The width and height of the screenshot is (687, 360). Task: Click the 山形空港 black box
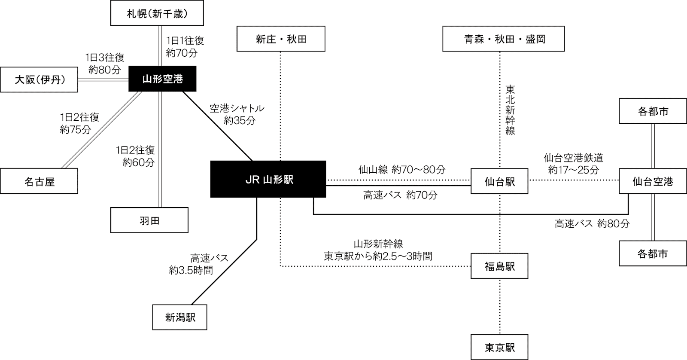162,79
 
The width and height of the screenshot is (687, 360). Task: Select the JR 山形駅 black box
268,179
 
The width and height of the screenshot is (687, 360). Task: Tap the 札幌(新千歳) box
157,13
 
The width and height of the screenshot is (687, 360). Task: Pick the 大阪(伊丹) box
39,79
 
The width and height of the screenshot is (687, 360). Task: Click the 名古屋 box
39,181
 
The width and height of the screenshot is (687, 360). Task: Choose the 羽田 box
149,220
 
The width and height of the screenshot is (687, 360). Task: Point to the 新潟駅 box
180,317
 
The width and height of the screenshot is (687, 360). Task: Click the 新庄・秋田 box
281,39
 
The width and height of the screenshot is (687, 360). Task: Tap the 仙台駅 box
499,181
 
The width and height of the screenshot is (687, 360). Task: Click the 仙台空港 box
653,181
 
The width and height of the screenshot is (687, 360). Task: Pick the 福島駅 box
499,266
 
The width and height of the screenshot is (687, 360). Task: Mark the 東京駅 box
499,347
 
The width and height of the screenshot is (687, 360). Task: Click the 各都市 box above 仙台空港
653,112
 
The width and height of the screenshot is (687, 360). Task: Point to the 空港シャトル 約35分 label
237,114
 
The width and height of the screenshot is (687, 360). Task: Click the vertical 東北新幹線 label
510,110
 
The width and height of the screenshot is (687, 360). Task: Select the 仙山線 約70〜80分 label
402,170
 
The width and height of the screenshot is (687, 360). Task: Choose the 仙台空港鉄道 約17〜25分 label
574,164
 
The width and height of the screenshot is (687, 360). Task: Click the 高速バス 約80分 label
592,223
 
